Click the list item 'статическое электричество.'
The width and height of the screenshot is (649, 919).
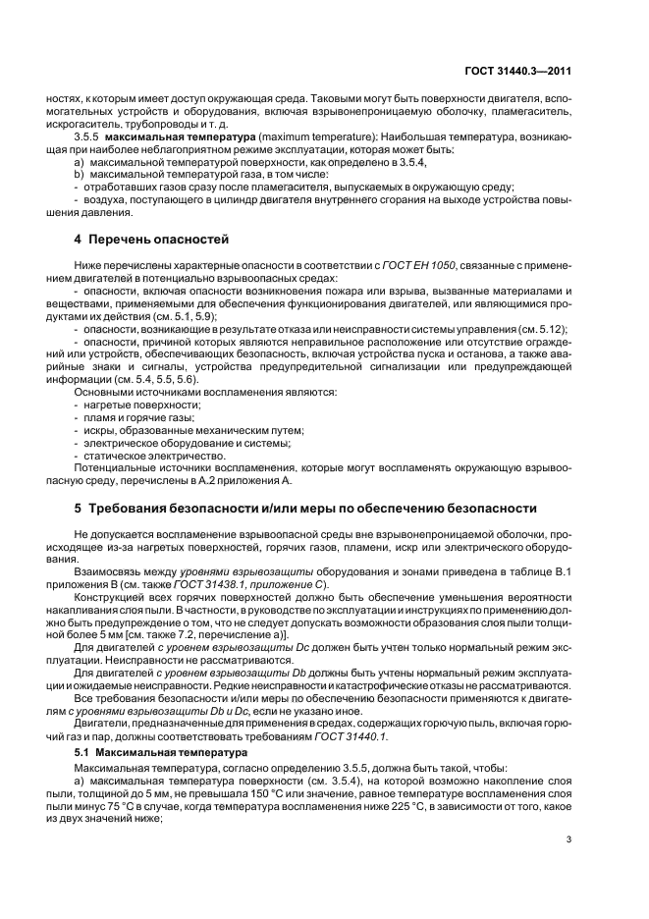tap(150, 457)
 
